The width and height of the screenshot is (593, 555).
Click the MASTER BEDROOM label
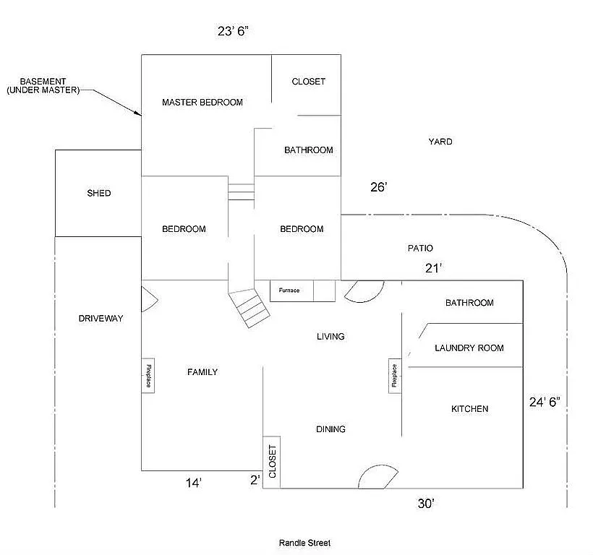pos(202,102)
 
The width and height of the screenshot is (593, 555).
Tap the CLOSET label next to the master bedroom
pos(308,82)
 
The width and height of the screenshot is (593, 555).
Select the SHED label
pos(99,193)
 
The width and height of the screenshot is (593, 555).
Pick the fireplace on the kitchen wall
pos(395,375)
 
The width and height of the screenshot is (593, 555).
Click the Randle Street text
pos(304,543)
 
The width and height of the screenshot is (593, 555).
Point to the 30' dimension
pos(425,504)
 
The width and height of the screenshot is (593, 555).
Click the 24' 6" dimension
pos(545,403)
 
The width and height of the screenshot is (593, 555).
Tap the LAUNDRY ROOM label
pos(469,348)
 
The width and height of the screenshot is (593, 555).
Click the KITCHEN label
pos(469,409)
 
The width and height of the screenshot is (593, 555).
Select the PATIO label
pos(420,248)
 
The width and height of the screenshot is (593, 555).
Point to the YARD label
pos(440,142)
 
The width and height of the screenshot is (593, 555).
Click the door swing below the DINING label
pos(377,477)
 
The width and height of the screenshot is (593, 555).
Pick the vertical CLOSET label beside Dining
pos(272,462)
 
